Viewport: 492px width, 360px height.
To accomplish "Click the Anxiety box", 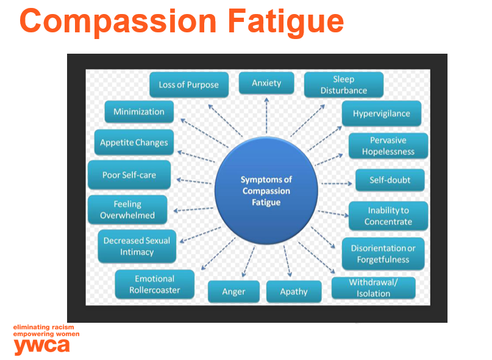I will coord(266,84).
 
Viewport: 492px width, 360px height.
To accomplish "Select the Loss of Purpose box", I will coord(188,85).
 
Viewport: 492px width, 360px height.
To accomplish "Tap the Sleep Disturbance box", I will coord(344,85).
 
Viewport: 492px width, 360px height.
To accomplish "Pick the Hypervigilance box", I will coord(381,113).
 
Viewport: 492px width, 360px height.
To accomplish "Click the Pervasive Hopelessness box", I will coord(388,146).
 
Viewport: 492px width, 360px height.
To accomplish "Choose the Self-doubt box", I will coord(390,180).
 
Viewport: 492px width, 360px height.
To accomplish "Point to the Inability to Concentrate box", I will coord(388,216).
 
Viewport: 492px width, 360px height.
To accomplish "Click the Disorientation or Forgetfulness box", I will coord(383,254).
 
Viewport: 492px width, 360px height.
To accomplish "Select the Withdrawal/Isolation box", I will coord(373,288).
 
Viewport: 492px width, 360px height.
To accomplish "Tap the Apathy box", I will coord(293,292).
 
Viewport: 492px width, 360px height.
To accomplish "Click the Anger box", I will coord(234,292).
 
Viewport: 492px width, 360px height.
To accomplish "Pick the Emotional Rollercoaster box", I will coord(154,284).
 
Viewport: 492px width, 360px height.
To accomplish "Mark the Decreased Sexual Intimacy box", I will coord(137,246).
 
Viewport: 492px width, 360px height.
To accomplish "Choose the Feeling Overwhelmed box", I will coord(127,210).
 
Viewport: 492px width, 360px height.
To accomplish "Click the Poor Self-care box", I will coord(129,175).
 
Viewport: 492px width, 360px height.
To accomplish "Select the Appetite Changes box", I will coord(134,143).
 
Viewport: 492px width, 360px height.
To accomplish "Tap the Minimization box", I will coord(138,112).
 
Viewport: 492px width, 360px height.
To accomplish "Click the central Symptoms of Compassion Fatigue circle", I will coord(266,190).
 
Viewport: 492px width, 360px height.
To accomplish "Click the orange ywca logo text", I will coord(41,345).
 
